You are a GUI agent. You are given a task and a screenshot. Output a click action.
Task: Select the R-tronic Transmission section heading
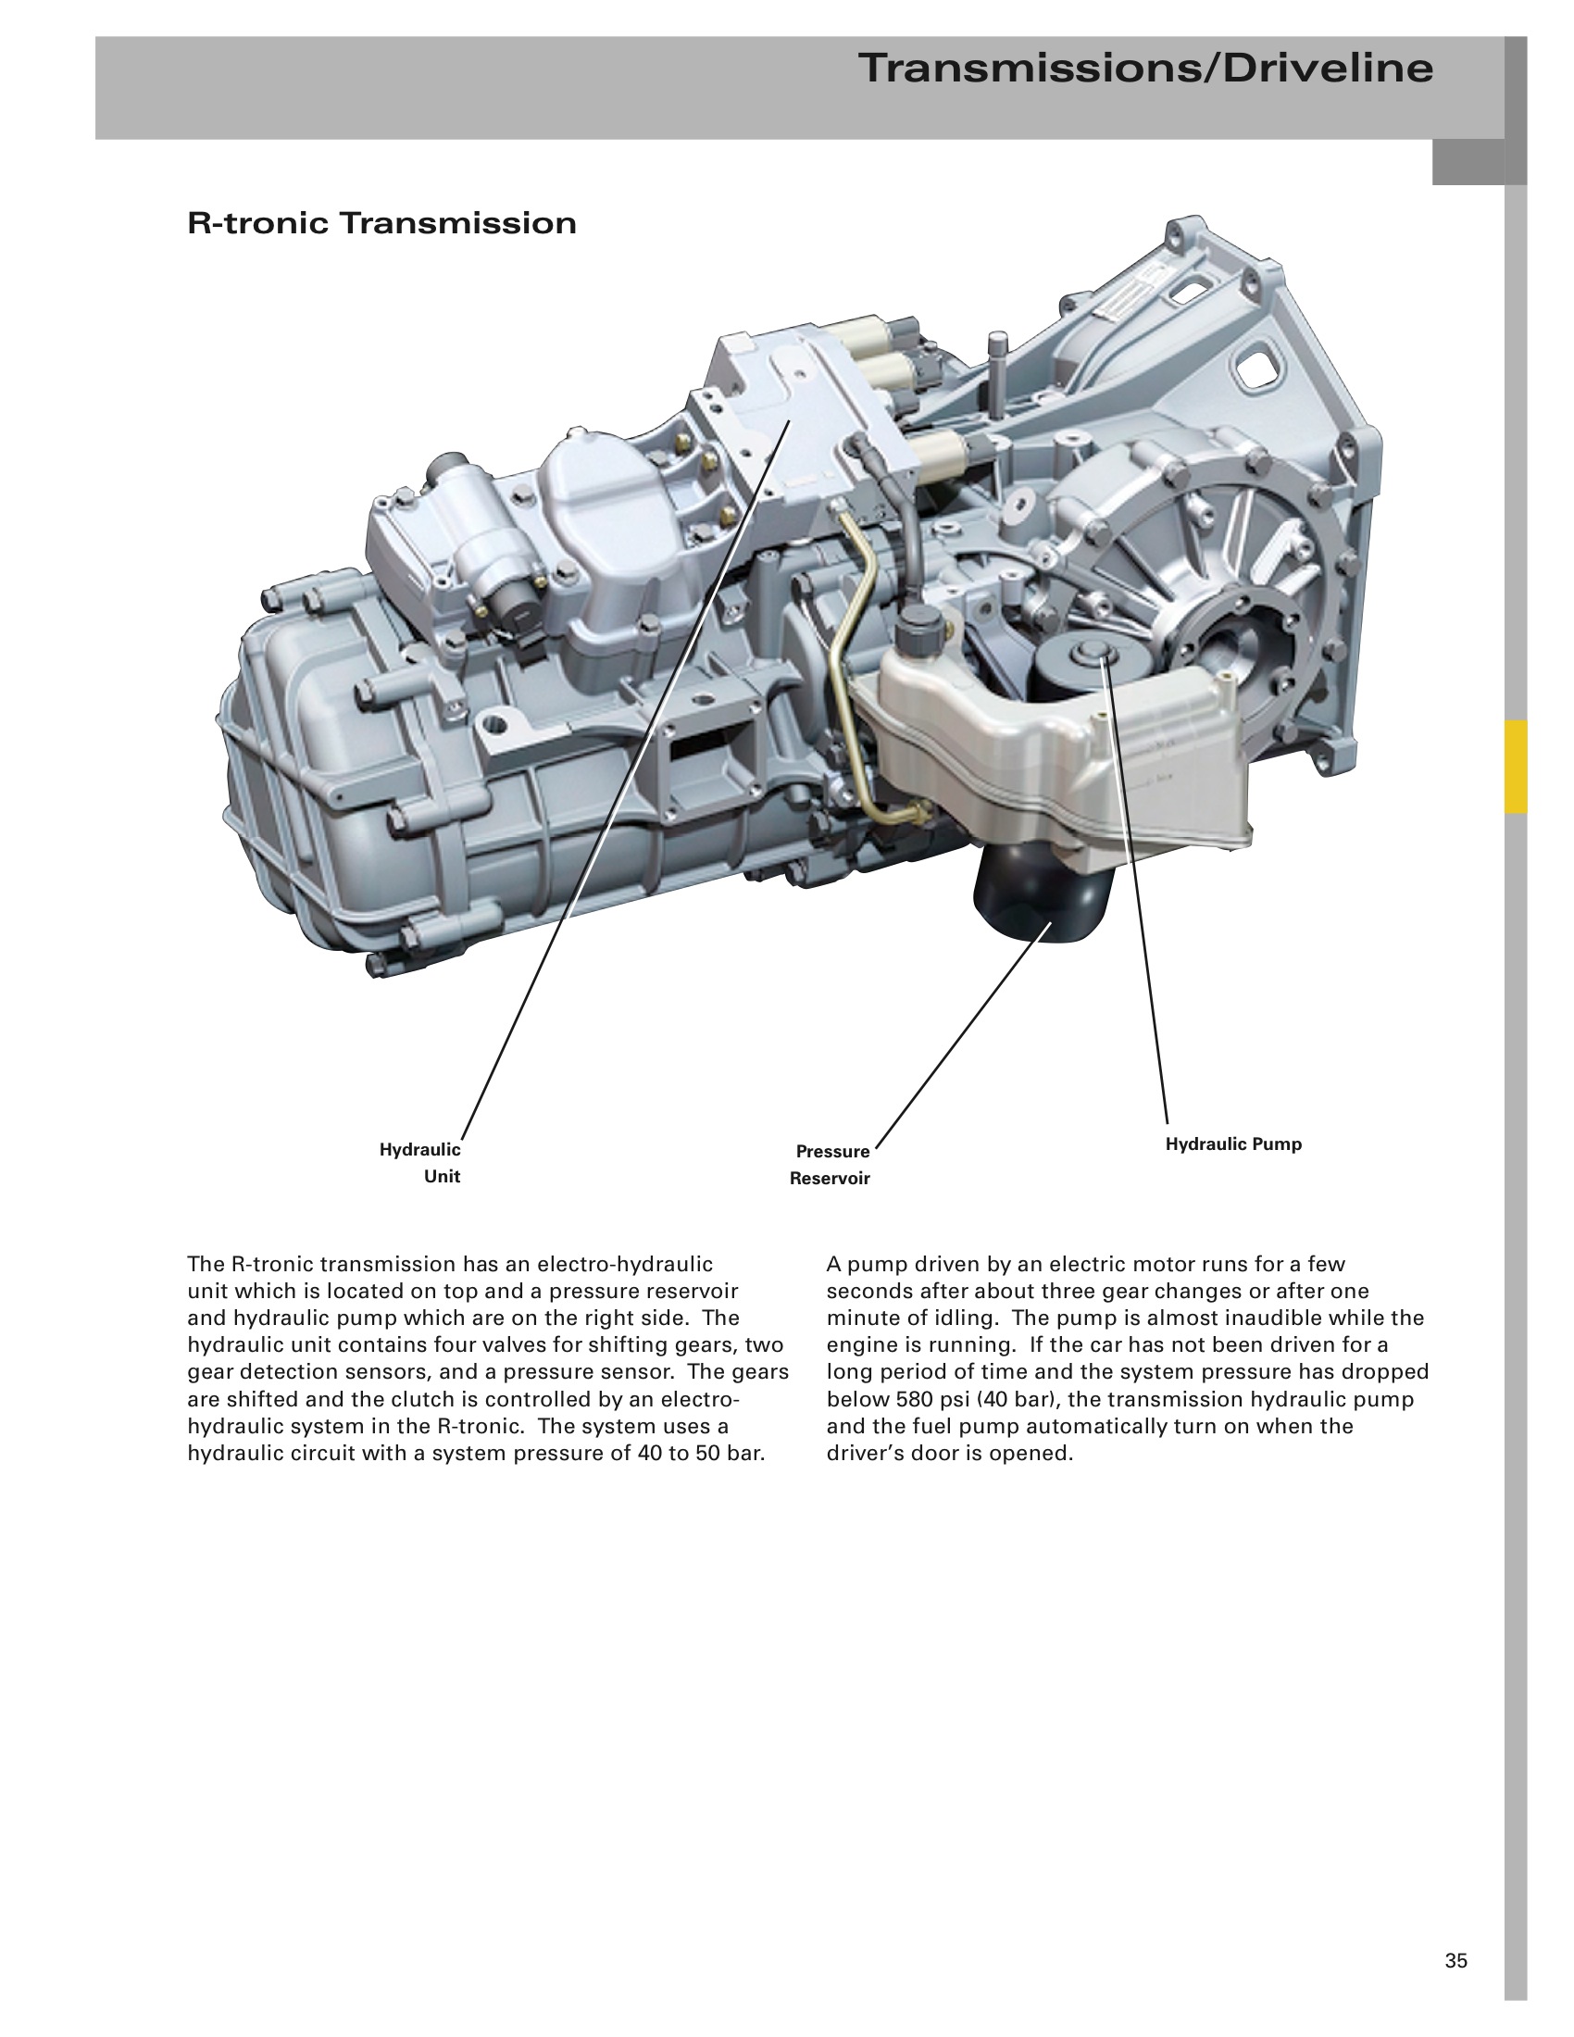(382, 224)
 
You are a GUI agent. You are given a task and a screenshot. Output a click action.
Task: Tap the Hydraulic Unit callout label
(420, 1163)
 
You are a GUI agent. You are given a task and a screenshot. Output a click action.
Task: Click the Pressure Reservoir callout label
(830, 1165)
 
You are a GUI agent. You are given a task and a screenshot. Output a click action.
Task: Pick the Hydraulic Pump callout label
(1233, 1144)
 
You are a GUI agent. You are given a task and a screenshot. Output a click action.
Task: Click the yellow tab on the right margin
(1516, 767)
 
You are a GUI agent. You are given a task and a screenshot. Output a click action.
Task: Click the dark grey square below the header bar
(1468, 162)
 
